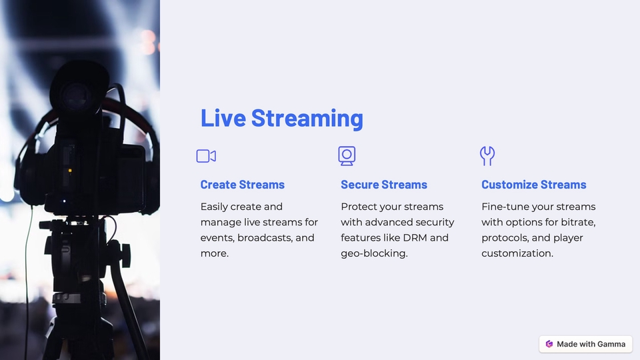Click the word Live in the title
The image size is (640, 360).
223,118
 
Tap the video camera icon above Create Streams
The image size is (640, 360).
206,156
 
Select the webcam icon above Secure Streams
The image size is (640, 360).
347,156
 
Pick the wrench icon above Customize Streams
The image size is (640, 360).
487,156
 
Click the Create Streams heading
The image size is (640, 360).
242,185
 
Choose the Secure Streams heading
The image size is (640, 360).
383,185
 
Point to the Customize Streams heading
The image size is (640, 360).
533,185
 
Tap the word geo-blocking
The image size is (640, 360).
373,253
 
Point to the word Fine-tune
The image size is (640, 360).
505,207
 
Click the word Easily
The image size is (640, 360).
215,207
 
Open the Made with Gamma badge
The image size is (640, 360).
585,344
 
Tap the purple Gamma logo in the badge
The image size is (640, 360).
549,344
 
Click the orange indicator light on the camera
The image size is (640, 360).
69,171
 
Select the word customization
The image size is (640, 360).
517,253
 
